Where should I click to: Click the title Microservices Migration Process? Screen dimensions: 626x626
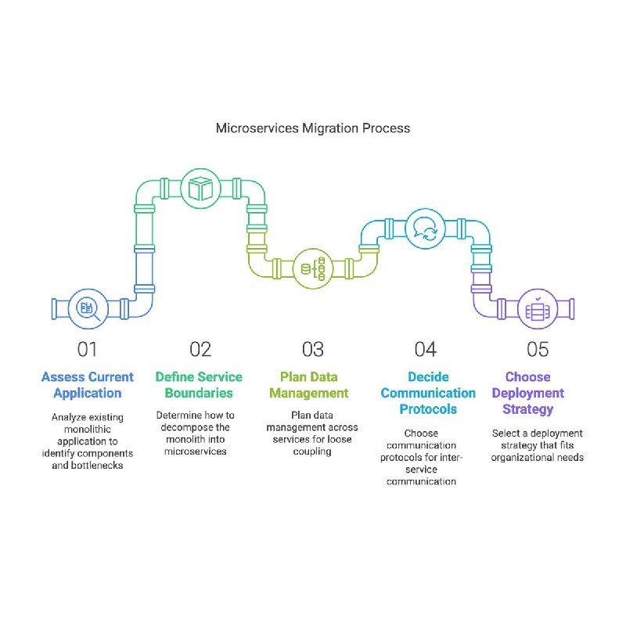312,128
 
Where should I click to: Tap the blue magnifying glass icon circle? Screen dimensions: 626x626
88,308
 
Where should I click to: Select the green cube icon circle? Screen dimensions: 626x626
200,189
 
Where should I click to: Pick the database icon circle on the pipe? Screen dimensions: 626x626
313,268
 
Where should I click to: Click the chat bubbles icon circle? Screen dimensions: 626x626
425,228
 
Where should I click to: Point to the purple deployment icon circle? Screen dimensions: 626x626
538,308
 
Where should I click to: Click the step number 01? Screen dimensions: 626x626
87,349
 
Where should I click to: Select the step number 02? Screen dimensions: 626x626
200,349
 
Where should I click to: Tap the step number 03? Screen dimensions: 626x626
312,349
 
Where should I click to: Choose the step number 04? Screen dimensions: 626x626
425,349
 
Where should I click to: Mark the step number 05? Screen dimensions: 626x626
538,349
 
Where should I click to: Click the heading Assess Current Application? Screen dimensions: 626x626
88,385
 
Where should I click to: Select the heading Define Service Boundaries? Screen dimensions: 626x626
199,385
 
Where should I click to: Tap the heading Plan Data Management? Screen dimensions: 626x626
309,385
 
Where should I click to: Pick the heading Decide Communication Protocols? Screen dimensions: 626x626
428,393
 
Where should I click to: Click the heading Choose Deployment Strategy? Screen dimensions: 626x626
527,393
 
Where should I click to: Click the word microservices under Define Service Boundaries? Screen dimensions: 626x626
195,452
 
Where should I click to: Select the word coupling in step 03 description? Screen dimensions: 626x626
312,452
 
